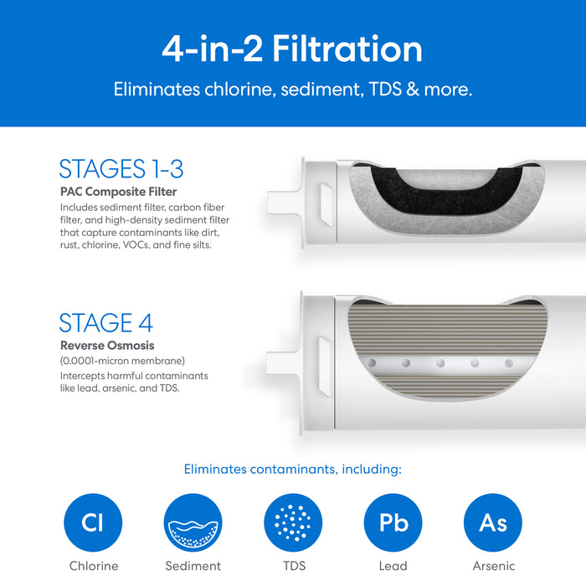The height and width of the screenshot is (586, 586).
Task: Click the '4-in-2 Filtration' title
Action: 292,49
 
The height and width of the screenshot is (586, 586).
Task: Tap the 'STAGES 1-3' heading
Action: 121,168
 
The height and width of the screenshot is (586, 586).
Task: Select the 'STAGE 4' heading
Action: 106,322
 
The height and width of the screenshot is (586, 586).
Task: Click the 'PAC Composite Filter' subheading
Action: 119,192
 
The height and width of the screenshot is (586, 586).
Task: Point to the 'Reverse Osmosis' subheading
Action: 107,345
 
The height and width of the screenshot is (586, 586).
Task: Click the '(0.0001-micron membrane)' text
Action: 122,361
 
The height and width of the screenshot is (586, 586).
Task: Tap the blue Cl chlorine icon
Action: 93,522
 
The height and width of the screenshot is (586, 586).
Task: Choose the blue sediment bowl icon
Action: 193,522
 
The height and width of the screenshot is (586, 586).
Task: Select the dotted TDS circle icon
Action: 293,522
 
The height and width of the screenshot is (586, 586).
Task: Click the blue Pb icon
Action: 393,522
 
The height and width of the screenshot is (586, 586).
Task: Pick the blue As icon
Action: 493,522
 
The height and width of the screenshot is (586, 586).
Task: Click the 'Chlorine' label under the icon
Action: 94,566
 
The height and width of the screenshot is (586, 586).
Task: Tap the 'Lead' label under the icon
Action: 393,566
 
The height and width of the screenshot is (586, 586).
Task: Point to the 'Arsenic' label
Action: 494,566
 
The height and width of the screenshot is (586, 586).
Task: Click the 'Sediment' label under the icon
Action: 193,566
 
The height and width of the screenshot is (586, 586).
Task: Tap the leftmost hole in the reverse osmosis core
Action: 372,362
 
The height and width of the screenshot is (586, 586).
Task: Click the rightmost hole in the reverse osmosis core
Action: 509,362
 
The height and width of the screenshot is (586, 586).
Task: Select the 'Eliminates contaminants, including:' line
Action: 293,470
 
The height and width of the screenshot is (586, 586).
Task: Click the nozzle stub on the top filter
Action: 283,203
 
